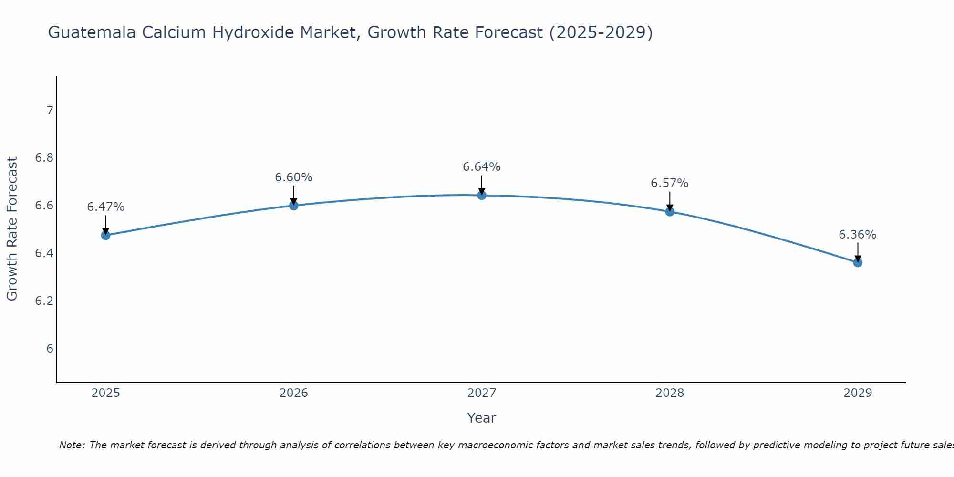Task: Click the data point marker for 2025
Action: tap(105, 235)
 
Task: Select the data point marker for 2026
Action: tap(293, 206)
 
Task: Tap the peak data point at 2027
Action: tap(481, 195)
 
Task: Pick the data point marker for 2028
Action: tap(669, 212)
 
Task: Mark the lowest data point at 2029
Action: tap(857, 262)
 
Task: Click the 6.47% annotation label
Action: tap(105, 207)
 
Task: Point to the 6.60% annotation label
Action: tap(293, 177)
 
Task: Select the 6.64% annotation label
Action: tap(481, 167)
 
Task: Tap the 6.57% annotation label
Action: tap(669, 183)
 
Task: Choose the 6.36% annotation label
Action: tap(857, 235)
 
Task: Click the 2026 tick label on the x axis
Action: tap(293, 393)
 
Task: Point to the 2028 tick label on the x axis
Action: tap(669, 393)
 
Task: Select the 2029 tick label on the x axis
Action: tap(857, 393)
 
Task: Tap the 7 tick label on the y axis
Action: tap(50, 111)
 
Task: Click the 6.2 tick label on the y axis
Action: tap(44, 301)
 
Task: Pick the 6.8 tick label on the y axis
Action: tap(44, 158)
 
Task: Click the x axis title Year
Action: tap(481, 418)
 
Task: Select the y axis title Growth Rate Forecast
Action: tap(12, 229)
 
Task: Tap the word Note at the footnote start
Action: tap(72, 445)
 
